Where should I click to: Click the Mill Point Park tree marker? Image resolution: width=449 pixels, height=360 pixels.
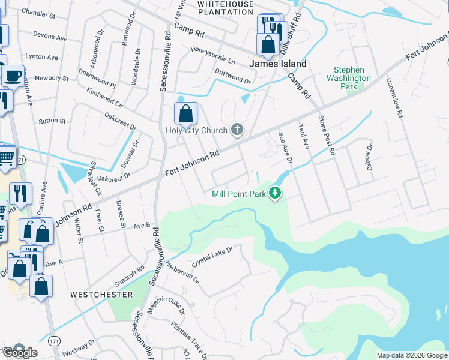coord(275,193)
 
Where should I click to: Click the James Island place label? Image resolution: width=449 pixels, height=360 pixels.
coord(278,64)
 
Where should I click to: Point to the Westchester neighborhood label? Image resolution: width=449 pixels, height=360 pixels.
coord(101,295)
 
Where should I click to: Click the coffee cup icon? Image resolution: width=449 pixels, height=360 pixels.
coord(13,76)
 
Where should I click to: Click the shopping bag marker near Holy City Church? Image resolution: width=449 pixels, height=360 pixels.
coord(186,113)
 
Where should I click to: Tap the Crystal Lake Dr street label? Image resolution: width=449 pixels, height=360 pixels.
coord(212,256)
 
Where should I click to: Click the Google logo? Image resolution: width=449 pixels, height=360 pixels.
coord(20,352)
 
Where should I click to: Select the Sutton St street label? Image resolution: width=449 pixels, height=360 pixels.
coord(52,121)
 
